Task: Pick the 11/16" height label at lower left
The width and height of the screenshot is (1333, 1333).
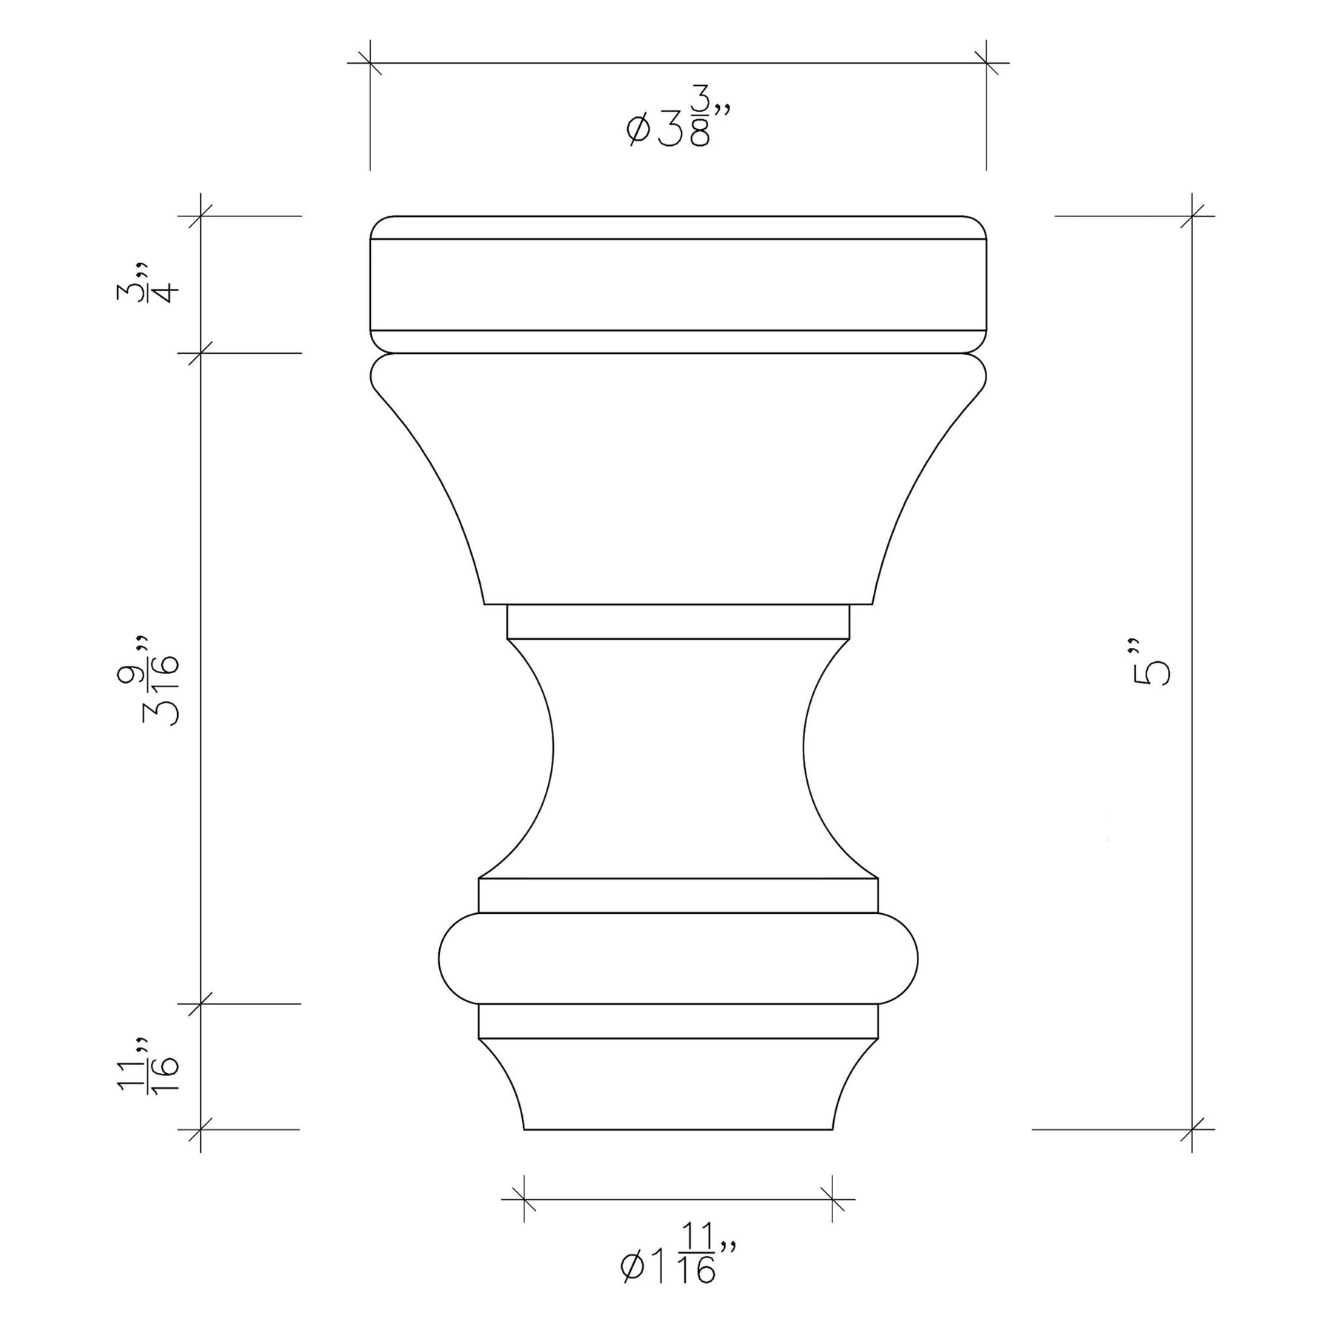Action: (x=147, y=1066)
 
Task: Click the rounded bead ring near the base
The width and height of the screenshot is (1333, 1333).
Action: (x=678, y=958)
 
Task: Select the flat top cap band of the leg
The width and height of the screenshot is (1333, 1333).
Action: (x=678, y=284)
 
